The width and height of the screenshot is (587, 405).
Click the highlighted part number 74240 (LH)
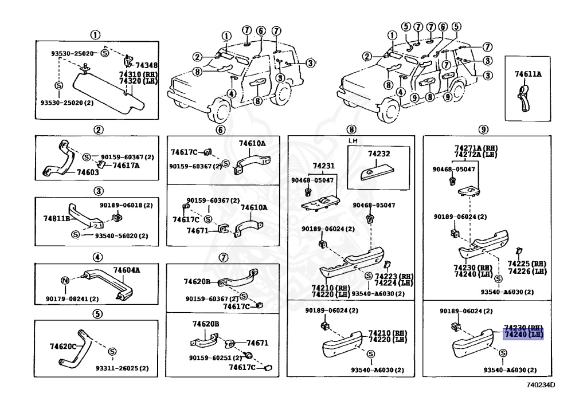point(523,335)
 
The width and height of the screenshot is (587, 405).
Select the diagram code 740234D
point(541,384)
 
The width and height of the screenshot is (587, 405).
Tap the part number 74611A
point(527,74)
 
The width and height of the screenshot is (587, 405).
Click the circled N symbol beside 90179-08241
point(65,280)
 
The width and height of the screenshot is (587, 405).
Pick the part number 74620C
point(63,347)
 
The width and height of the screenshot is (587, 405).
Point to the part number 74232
point(378,154)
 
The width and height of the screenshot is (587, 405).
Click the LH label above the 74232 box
point(353,140)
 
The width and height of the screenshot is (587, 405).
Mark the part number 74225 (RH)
point(527,264)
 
